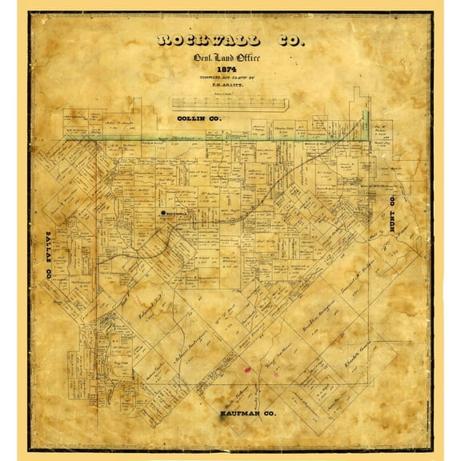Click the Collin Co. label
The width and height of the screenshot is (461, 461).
[x=199, y=118]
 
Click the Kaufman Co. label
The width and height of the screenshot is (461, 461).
[x=248, y=415]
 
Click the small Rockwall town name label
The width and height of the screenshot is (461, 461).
[x=176, y=214]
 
